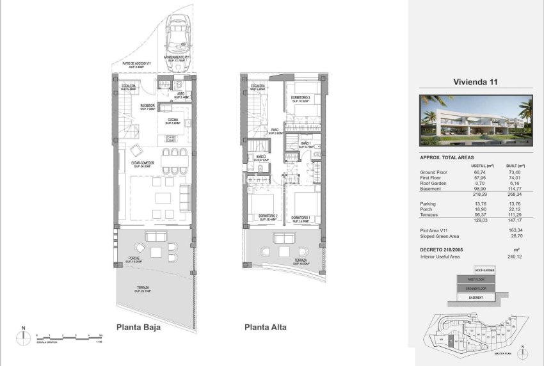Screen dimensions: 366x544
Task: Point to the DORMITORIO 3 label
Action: click(301, 97)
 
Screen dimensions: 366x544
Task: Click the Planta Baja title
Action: click(138, 327)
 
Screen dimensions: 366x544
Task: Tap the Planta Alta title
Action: click(265, 327)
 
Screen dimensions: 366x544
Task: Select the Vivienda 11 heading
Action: click(476, 82)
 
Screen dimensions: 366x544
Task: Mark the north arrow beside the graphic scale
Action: click(23, 335)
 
